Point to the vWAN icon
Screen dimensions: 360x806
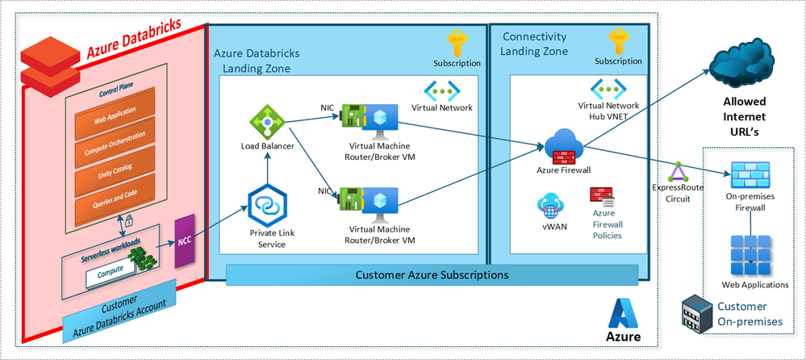point(550,206)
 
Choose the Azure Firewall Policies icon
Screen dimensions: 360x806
point(602,198)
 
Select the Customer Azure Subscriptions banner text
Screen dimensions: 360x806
point(432,275)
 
